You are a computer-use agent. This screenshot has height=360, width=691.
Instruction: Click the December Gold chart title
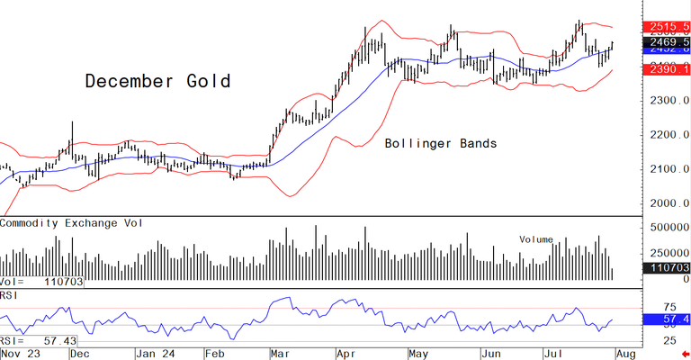tap(157, 81)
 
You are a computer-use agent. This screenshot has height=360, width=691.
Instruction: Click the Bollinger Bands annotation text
tap(440, 143)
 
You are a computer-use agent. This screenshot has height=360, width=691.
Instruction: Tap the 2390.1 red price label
tap(667, 69)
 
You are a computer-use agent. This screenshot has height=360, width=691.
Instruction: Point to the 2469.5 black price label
tap(667, 42)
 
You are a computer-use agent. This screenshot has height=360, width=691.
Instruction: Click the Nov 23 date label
tap(20, 354)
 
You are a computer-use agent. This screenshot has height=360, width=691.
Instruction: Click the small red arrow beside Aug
tap(685, 354)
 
